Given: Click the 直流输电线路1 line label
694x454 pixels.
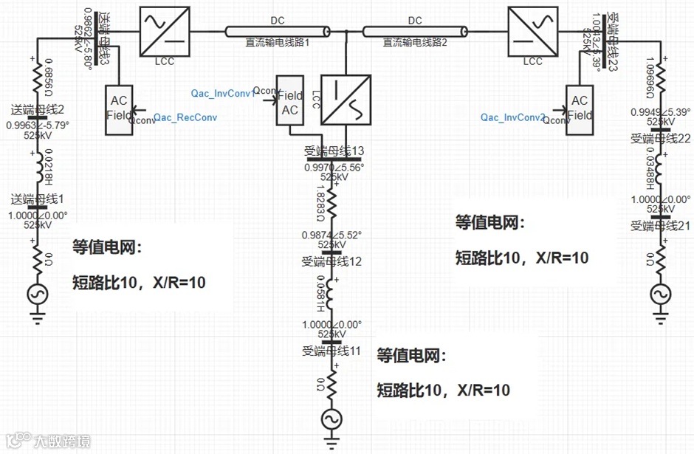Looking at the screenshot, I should point(277,43).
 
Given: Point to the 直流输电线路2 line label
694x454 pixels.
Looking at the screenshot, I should point(415,43).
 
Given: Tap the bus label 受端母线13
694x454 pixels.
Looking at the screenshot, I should point(334,151).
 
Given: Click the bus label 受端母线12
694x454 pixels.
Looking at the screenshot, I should point(331,261).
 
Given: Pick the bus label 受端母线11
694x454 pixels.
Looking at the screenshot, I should point(331,351).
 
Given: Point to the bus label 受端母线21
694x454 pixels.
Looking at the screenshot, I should point(661,225).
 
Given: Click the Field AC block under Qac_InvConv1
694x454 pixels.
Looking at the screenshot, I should point(290,103).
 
